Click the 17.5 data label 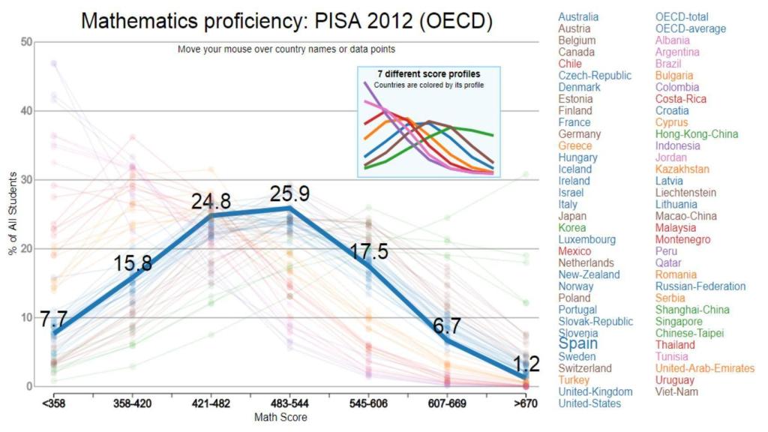370,251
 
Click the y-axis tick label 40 25,111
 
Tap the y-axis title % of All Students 12,214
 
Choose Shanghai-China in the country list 692,310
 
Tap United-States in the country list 589,403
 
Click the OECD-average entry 691,28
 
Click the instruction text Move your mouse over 286,49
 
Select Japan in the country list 573,216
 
